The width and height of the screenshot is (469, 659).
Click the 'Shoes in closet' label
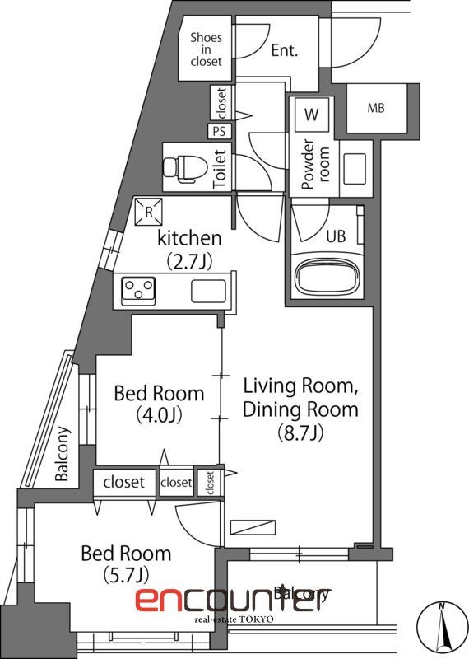click(206, 49)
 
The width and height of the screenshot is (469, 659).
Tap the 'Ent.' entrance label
click(284, 50)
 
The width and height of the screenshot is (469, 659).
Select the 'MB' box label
click(375, 108)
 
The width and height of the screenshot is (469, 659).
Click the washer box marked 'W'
click(311, 115)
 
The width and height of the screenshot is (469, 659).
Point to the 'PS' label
click(219, 130)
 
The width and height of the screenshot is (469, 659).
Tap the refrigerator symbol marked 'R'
click(148, 212)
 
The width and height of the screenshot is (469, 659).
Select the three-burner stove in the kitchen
click(139, 289)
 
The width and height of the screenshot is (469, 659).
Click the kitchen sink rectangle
click(208, 290)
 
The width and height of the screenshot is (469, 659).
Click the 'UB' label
click(336, 236)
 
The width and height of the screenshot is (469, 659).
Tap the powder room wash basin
click(356, 168)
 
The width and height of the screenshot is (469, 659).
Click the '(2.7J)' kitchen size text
click(189, 262)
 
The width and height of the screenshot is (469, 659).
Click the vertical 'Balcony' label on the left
click(63, 453)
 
